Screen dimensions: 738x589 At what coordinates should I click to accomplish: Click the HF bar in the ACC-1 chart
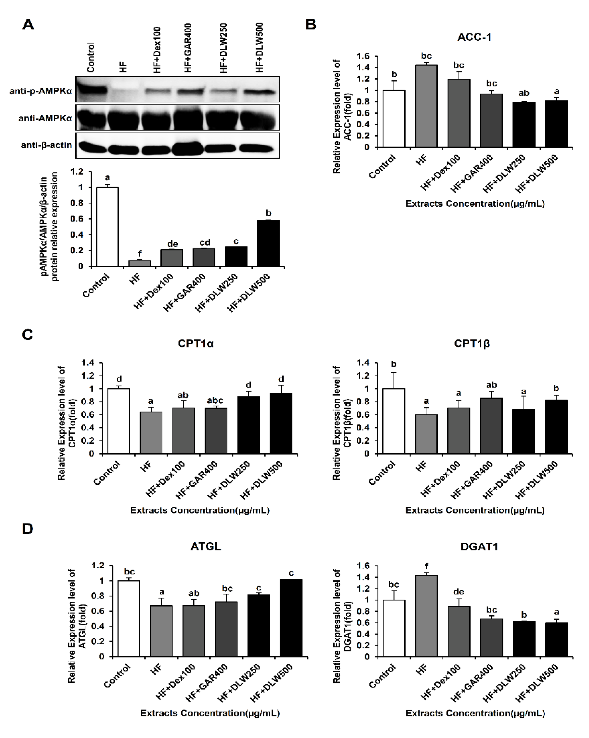[x=426, y=106]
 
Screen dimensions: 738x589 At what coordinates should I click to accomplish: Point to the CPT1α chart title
[x=196, y=343]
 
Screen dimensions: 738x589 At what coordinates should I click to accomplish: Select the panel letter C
[x=27, y=334]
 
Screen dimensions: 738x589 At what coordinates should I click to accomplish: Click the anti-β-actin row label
[x=46, y=145]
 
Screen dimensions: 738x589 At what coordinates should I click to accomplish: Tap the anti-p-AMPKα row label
[x=40, y=91]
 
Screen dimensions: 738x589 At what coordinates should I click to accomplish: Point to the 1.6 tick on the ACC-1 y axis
[x=364, y=56]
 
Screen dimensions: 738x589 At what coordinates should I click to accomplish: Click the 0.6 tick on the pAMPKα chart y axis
[x=77, y=219]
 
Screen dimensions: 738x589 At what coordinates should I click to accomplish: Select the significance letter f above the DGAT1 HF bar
[x=426, y=566]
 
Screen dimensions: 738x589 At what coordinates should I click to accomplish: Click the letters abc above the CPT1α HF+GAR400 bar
[x=215, y=400]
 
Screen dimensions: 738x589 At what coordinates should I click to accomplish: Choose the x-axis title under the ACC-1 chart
[x=475, y=204]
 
